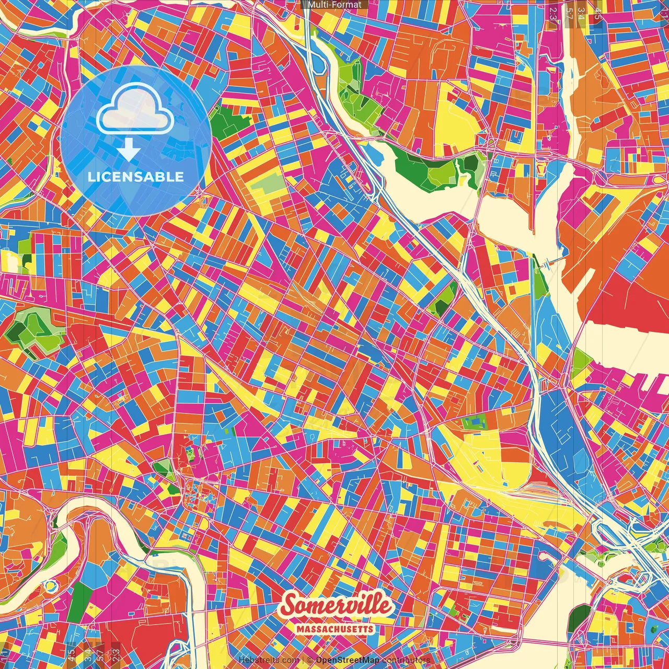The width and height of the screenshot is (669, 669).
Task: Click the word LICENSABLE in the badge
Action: pyautogui.click(x=136, y=177)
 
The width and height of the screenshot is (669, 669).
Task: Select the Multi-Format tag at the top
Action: pyautogui.click(x=334, y=5)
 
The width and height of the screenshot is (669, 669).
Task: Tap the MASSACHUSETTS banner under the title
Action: pyautogui.click(x=335, y=629)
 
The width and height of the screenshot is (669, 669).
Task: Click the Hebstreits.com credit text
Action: pyautogui.click(x=269, y=660)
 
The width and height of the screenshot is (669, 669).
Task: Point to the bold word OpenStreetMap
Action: pyautogui.click(x=348, y=660)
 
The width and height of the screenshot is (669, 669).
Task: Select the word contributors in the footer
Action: pyautogui.click(x=406, y=660)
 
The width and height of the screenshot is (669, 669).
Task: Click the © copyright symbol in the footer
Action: pyautogui.click(x=309, y=660)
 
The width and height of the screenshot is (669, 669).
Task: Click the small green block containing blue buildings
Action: pyautogui.click(x=473, y=421)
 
